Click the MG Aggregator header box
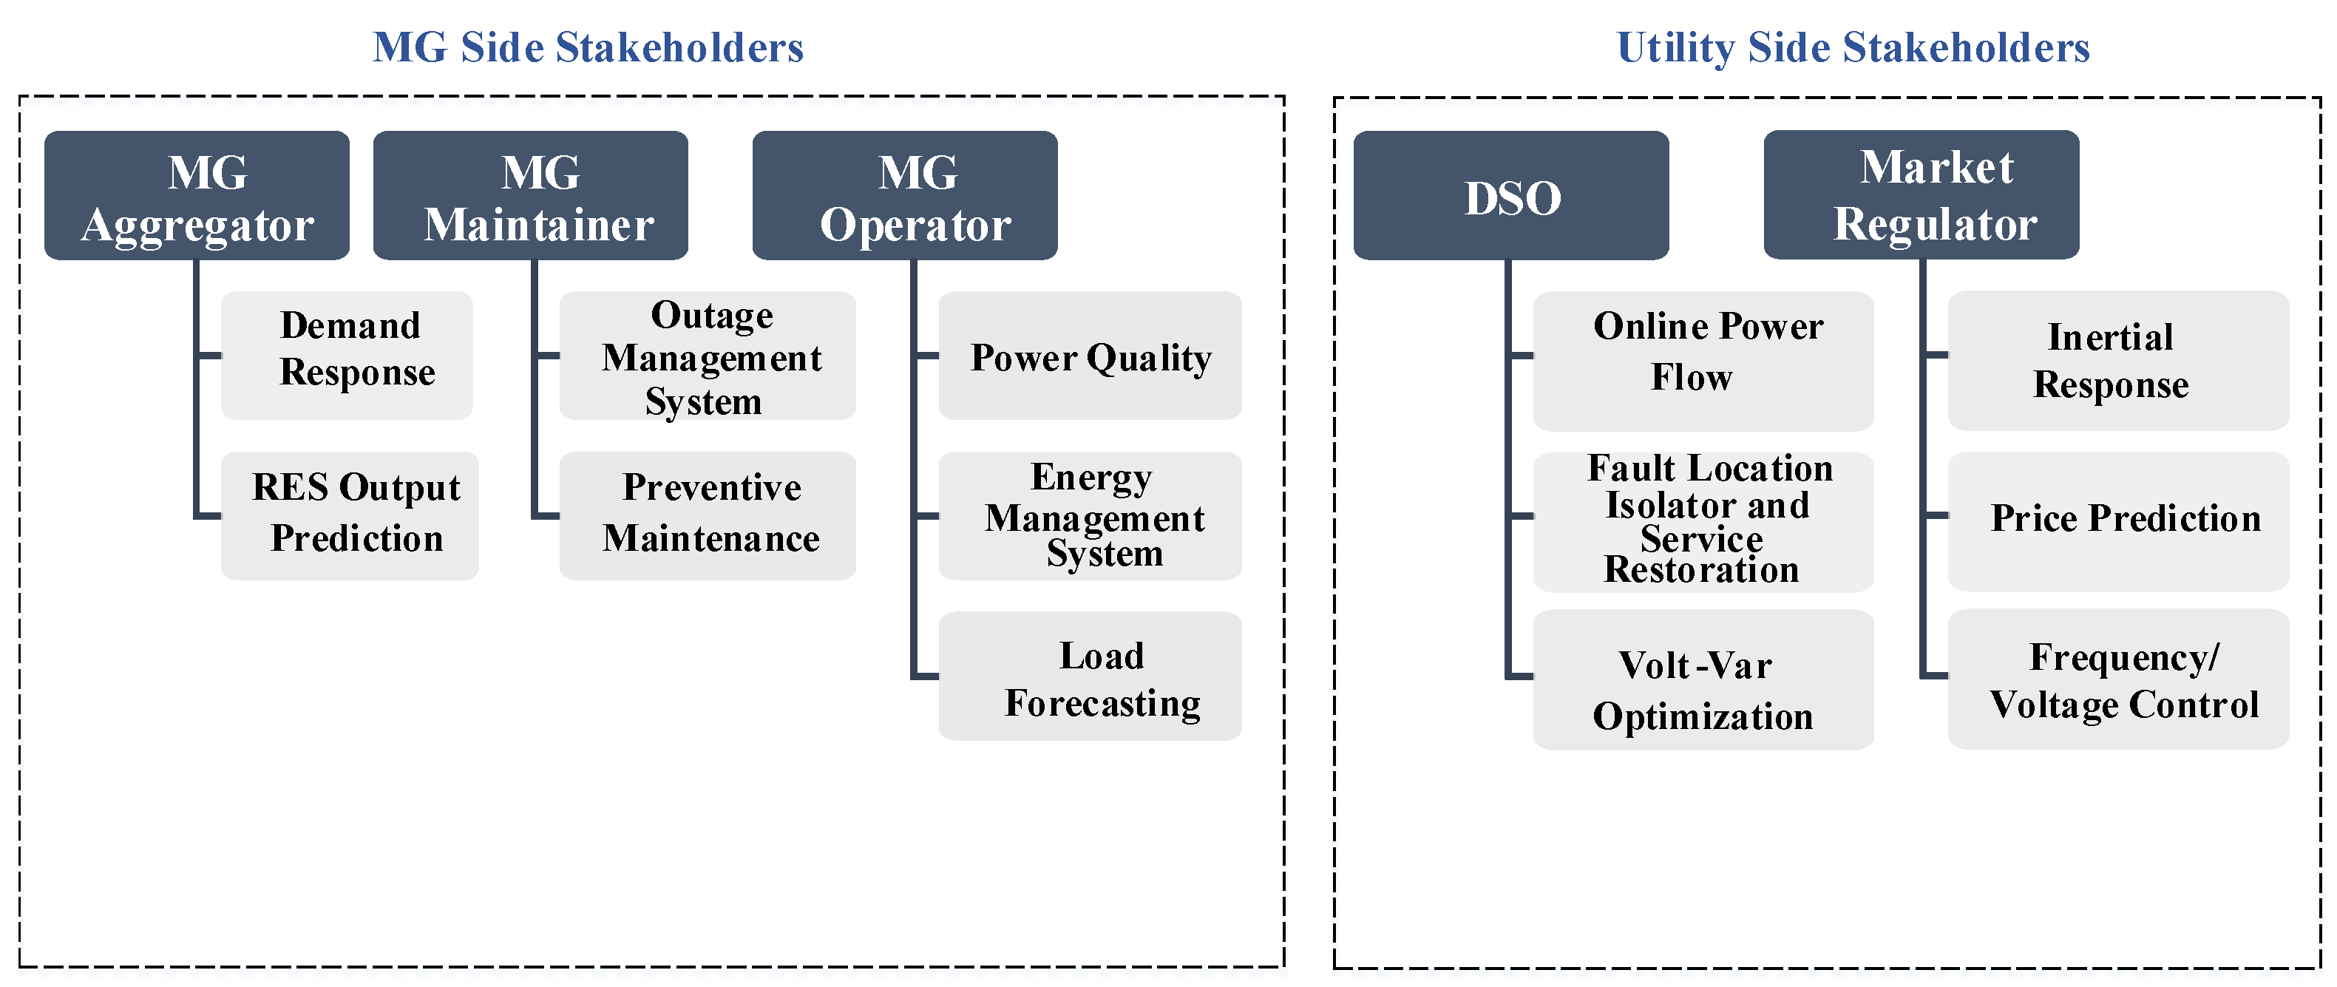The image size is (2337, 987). [197, 195]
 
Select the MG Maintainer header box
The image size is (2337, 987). [531, 195]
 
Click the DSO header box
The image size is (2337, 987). [1510, 195]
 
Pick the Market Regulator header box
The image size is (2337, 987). [1922, 194]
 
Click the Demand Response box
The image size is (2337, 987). [347, 355]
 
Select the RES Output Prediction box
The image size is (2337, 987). [349, 515]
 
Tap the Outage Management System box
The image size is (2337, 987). [708, 355]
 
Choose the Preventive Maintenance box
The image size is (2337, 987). [708, 515]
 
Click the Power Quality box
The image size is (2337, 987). [1090, 355]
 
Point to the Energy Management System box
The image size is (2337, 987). [1090, 515]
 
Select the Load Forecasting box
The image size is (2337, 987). [1090, 676]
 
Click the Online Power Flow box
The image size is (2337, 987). [1703, 360]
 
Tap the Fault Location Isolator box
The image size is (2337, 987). [1703, 522]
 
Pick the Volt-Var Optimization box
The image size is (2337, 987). [1703, 679]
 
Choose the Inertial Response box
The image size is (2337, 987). [2118, 360]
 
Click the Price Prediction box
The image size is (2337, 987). [2118, 522]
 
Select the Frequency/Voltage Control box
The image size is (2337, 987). [2118, 679]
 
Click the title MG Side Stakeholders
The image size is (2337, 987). [588, 47]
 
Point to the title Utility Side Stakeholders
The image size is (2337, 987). [1853, 47]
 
